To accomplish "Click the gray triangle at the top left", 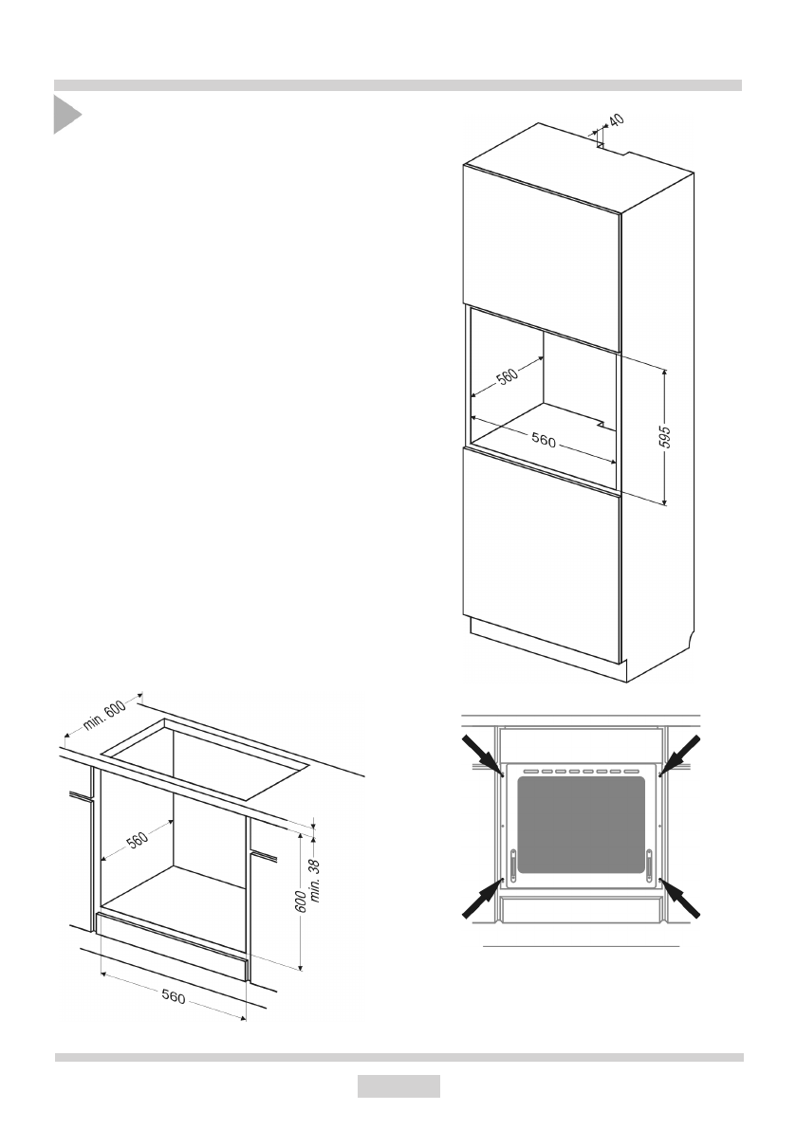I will click(65, 115).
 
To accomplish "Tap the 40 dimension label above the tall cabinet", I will click(615, 121).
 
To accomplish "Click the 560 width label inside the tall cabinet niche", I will click(544, 440).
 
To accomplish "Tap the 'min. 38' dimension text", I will click(316, 879).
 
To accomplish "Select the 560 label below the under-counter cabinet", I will click(173, 997).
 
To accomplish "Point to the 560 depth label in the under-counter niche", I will click(138, 837).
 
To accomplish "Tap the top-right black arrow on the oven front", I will click(681, 755).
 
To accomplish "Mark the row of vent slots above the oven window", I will click(581, 772).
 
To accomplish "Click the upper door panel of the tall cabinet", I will click(541, 256).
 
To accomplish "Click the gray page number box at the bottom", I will click(398, 1086).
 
